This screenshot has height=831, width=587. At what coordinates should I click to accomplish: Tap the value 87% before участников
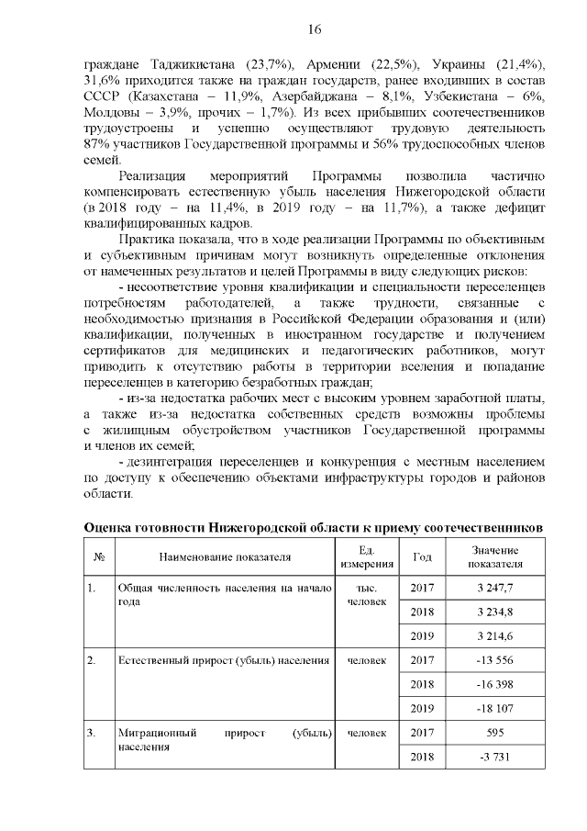(98, 144)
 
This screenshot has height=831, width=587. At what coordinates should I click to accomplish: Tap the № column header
(97, 556)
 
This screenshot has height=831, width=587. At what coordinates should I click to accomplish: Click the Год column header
(423, 556)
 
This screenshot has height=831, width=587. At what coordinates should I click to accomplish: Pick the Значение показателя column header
(495, 556)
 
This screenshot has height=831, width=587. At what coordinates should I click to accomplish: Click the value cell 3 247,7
(495, 588)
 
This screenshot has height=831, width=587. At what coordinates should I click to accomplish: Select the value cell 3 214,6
(495, 635)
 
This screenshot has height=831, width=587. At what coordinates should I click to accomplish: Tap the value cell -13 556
(495, 660)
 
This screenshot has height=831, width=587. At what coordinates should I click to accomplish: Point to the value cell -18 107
(495, 708)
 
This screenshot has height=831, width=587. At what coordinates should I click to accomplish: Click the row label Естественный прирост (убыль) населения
(223, 660)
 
